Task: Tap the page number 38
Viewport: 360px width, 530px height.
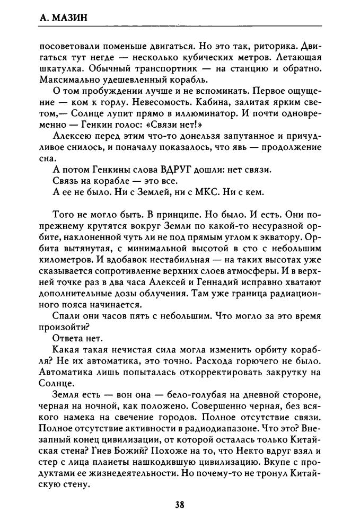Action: coord(180,505)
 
